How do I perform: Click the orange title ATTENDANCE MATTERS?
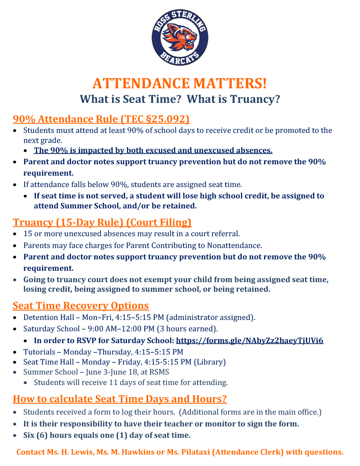tap(180, 83)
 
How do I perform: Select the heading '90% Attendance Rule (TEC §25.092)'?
tap(101, 119)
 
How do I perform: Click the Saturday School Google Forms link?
tap(249, 340)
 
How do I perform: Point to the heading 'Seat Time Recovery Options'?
tap(81, 305)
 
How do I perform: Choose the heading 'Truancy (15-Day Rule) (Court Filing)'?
tap(102, 223)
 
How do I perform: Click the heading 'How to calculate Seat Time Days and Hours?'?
tap(120, 399)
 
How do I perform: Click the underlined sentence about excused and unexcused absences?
tap(153, 151)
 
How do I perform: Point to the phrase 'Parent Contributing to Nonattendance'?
tap(198, 245)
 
